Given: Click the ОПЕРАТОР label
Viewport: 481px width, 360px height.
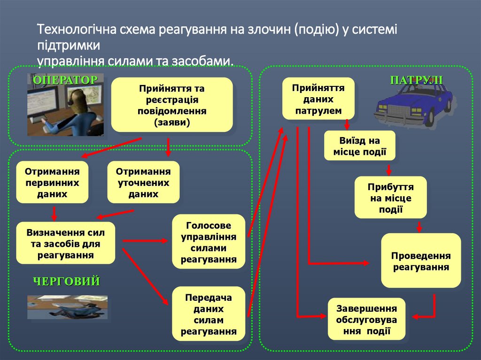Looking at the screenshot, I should coord(65,79).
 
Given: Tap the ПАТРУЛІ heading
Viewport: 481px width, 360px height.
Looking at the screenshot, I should coord(416,79).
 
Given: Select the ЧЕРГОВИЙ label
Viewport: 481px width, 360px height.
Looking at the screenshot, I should coord(66,282).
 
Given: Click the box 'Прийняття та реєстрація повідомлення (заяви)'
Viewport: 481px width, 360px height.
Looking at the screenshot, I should coord(171,105).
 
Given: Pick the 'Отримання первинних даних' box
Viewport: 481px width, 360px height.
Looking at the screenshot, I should coord(52,182).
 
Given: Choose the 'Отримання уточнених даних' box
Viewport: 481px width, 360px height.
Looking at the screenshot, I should coord(143,182).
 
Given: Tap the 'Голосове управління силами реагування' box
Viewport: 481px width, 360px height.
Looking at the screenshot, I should coord(209,242).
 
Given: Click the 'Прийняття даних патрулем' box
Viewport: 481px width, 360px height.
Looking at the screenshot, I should coord(318,99).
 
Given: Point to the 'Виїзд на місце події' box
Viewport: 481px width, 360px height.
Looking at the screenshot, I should coord(360,146).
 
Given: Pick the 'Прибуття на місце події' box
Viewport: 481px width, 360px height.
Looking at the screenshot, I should coord(390,198).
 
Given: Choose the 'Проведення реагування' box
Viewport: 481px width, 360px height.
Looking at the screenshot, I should coord(421,261).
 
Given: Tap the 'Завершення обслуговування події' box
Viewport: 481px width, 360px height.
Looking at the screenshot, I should coord(366,319).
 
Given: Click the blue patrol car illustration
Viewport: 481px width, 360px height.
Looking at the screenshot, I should coord(413,106).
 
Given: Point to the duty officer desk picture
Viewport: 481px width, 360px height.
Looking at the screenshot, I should coord(67,307).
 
